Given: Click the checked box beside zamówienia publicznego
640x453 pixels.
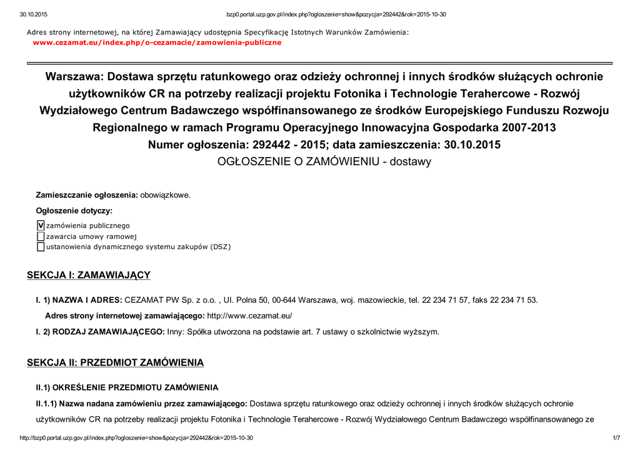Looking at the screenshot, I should [41, 225].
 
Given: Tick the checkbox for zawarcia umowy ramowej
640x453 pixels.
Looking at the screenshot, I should [41, 237].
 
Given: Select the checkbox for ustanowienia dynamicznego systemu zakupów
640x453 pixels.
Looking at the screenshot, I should [41, 247].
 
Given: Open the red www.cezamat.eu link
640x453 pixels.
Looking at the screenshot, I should [157, 43].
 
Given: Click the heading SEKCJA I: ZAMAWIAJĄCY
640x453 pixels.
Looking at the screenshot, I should [88, 275].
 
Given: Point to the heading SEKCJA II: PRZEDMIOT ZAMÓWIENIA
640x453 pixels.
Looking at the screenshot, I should [115, 363].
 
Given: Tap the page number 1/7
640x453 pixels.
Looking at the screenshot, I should [616, 437].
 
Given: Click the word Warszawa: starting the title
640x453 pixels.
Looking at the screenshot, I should [73, 77].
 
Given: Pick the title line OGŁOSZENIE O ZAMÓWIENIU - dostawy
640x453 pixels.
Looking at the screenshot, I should [324, 161].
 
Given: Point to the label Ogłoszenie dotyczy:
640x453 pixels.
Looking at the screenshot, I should [74, 211].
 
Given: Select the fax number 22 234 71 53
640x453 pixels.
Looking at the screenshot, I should [514, 300].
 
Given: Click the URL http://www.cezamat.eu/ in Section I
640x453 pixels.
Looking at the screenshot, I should [249, 316].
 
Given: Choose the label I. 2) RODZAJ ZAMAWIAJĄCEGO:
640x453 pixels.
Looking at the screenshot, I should [100, 332].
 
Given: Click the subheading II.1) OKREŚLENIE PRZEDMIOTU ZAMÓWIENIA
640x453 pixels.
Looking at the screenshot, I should [127, 388].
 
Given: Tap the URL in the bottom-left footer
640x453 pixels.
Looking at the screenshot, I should [136, 437].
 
